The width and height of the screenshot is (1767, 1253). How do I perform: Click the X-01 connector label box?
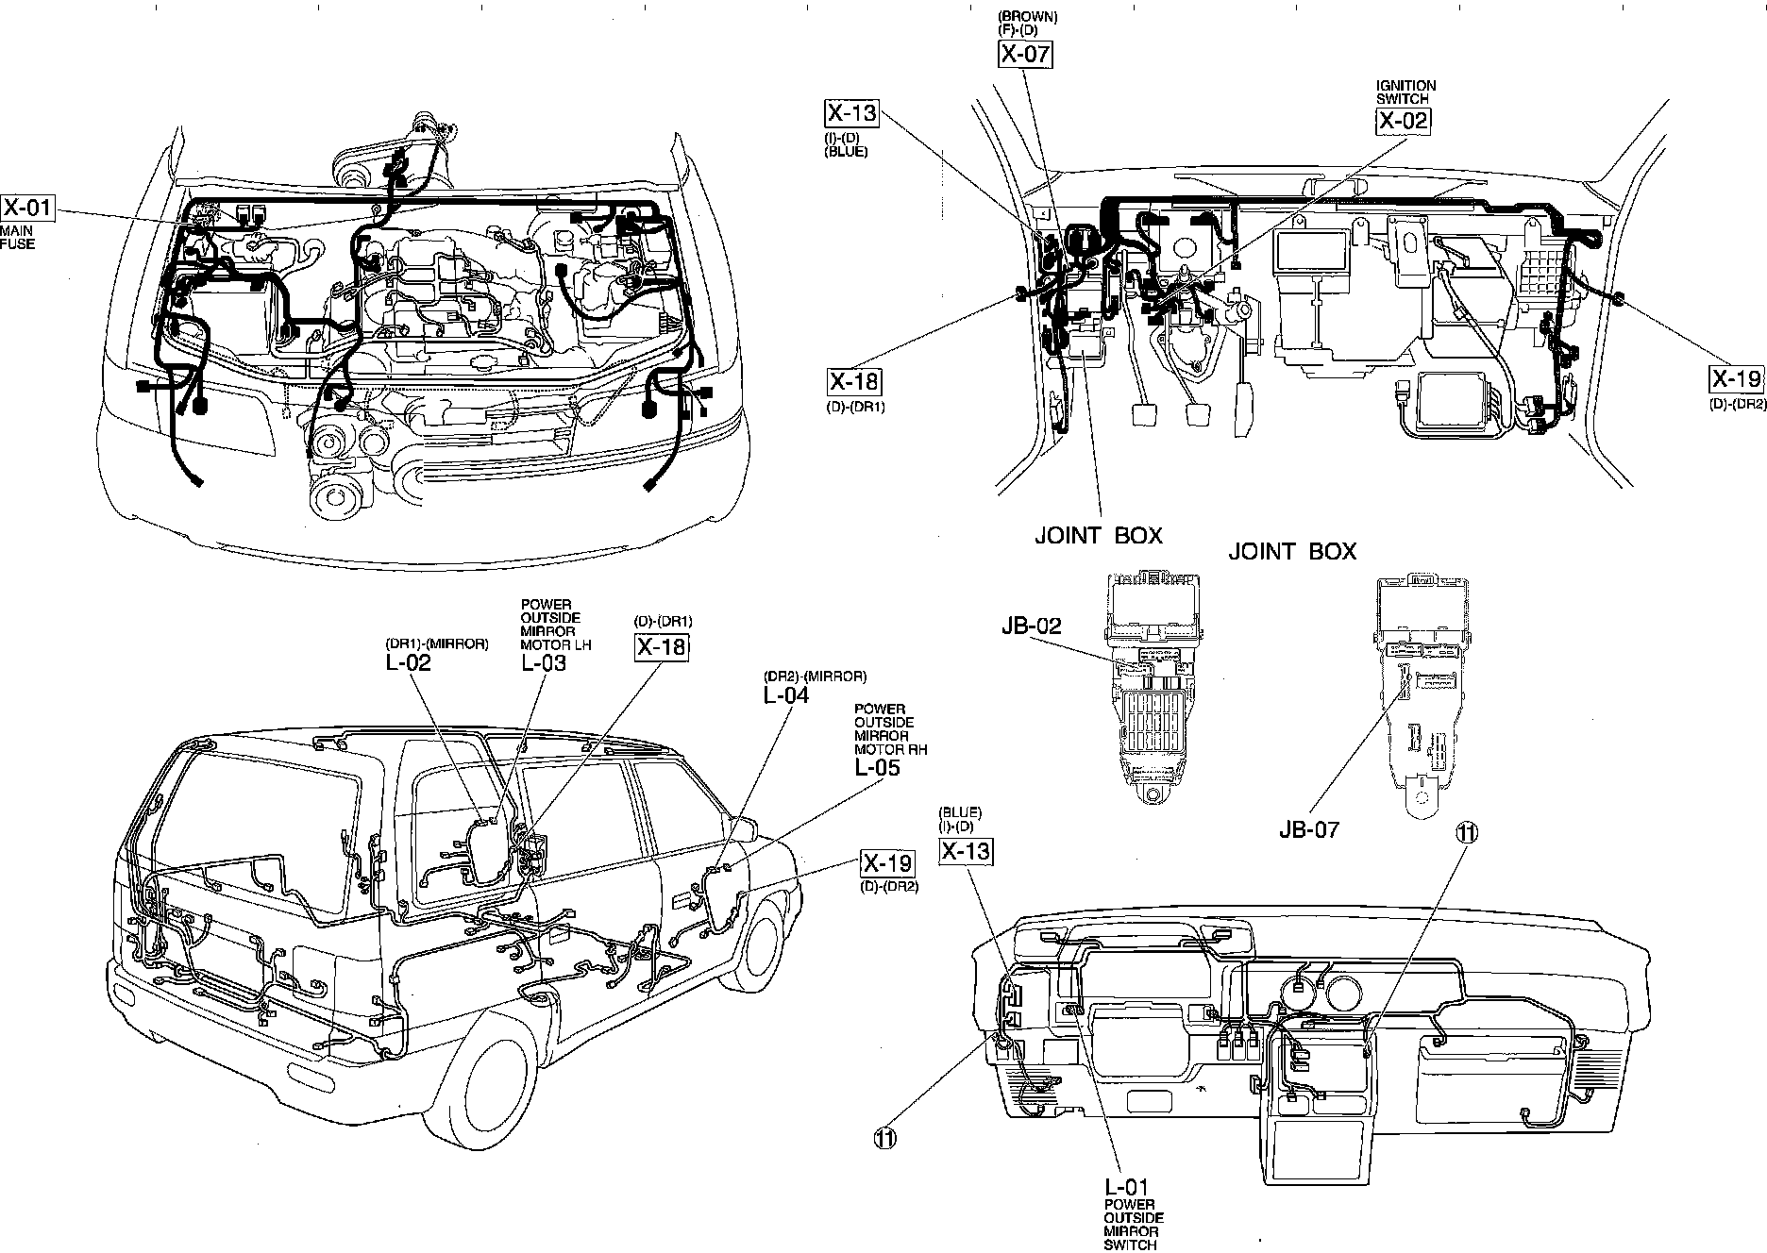pyautogui.click(x=26, y=209)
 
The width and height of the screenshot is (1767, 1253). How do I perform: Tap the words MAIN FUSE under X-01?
pyautogui.click(x=18, y=238)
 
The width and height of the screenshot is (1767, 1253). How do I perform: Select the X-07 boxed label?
pyautogui.click(x=1025, y=54)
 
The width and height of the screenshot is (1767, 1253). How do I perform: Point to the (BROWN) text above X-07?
pyautogui.click(x=1028, y=17)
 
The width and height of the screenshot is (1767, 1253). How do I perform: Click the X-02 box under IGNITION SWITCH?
pyautogui.click(x=1402, y=120)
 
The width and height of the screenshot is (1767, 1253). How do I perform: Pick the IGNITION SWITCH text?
pyautogui.click(x=1405, y=92)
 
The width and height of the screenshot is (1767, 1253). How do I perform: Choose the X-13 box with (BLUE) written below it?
pyautogui.click(x=851, y=114)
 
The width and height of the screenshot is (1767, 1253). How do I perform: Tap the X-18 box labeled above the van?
pyautogui.click(x=661, y=647)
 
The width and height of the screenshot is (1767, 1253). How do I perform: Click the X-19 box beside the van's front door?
pyautogui.click(x=887, y=863)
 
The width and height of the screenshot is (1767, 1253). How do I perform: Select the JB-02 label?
pyautogui.click(x=1032, y=626)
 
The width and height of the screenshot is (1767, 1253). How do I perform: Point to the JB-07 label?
pyautogui.click(x=1308, y=829)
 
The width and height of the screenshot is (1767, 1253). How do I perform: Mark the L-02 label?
pyautogui.click(x=408, y=662)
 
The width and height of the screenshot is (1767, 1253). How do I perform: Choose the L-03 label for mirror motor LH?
pyautogui.click(x=544, y=662)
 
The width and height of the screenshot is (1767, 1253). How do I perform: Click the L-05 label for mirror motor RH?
pyautogui.click(x=877, y=767)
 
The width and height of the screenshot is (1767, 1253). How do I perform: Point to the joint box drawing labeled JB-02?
pyautogui.click(x=1154, y=689)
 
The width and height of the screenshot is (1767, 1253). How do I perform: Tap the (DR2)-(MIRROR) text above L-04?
pyautogui.click(x=815, y=677)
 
